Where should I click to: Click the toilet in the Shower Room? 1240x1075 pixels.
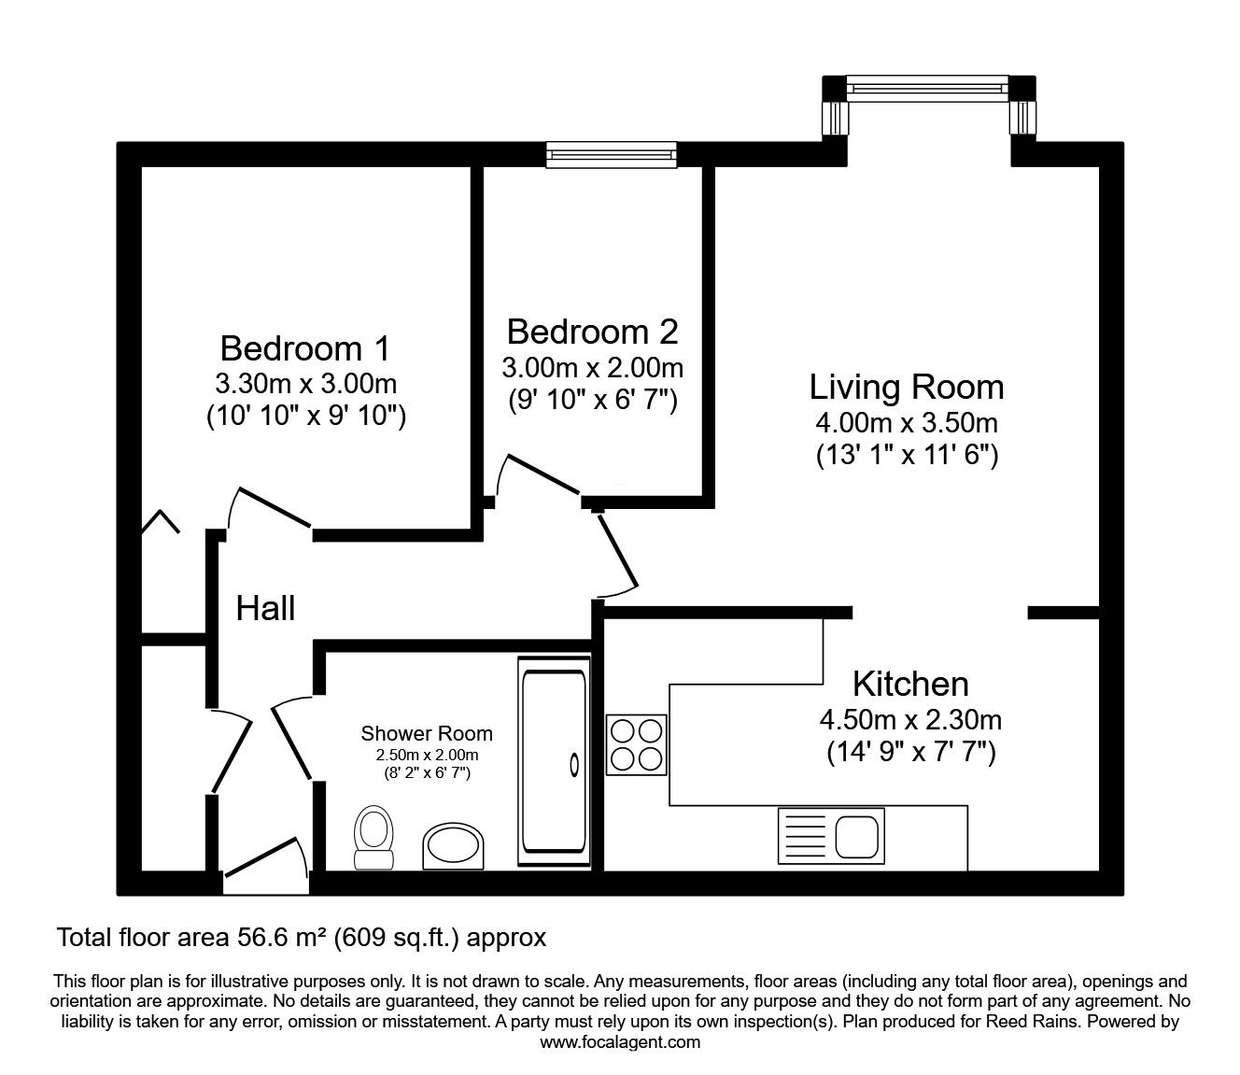click(x=373, y=837)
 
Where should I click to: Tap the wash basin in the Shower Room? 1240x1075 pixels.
click(x=453, y=846)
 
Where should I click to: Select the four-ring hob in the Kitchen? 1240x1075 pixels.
click(x=636, y=744)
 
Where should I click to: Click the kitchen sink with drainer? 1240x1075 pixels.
click(x=831, y=836)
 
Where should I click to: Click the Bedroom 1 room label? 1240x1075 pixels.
click(x=305, y=348)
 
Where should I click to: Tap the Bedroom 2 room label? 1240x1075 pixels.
click(x=592, y=332)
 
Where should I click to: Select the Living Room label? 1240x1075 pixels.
click(x=907, y=387)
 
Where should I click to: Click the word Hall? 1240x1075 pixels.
click(x=265, y=608)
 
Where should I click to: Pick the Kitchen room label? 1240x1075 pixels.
click(x=910, y=684)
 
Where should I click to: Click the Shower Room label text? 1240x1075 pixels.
click(x=427, y=733)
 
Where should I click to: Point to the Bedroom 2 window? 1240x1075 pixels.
click(x=612, y=155)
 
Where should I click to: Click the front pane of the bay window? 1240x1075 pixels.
click(x=927, y=88)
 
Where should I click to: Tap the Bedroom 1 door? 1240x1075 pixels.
click(x=275, y=508)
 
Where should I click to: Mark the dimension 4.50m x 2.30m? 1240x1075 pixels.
click(x=910, y=720)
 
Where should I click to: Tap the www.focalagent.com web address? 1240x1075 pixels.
click(x=620, y=1042)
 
